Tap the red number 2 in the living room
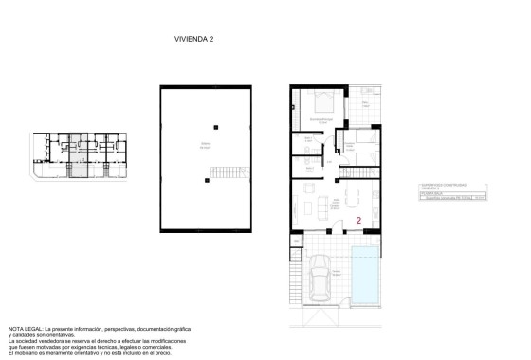click(x=359, y=220)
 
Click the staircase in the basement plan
click(x=221, y=175)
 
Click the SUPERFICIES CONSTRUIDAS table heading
click(x=440, y=184)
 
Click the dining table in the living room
click(x=354, y=198)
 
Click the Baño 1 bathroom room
click(x=307, y=142)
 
